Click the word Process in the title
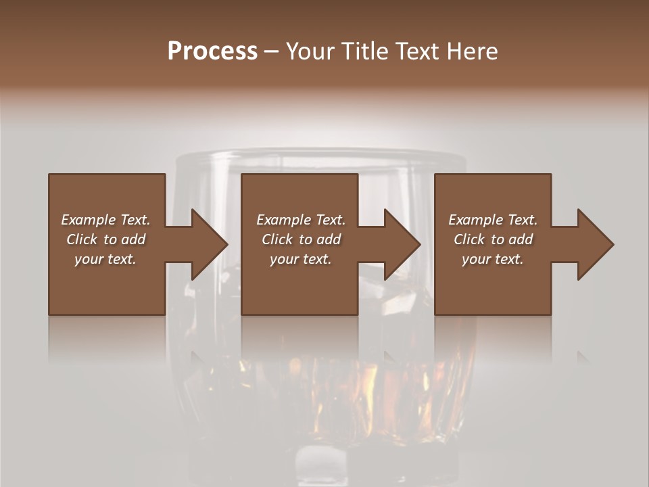click(212, 51)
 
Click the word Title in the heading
click(363, 51)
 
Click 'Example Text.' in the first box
click(105, 220)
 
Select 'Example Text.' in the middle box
click(301, 220)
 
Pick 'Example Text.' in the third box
click(493, 220)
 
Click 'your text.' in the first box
click(105, 259)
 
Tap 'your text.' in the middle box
click(301, 259)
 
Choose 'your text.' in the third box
click(493, 259)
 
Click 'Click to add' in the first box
click(105, 239)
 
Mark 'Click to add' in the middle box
click(301, 239)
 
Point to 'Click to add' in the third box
click(493, 239)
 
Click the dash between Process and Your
click(271, 52)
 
